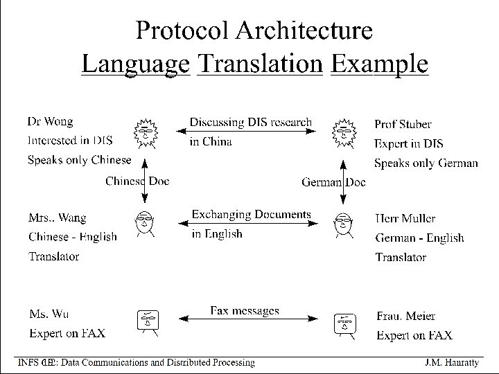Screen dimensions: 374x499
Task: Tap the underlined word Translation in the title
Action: (x=260, y=64)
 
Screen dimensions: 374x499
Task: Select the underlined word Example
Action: (x=379, y=64)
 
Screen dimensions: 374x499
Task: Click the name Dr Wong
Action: (x=50, y=122)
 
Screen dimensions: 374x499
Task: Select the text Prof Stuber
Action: (x=403, y=125)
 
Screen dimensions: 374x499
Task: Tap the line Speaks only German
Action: (x=426, y=163)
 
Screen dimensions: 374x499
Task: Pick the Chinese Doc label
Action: (x=137, y=181)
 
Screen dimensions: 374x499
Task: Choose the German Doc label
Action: (x=333, y=182)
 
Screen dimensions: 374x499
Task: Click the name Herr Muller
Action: (x=405, y=218)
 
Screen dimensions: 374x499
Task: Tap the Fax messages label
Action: (x=245, y=311)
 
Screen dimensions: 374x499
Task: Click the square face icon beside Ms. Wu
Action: (x=148, y=320)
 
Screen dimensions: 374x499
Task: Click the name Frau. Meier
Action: (x=405, y=316)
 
